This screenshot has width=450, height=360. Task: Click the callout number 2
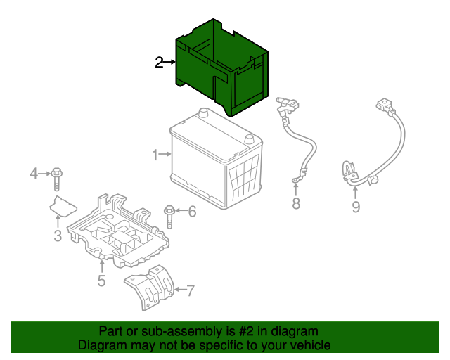coord(160,63)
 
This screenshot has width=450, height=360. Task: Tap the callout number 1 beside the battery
coord(155,154)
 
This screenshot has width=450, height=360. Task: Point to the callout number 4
coord(32,173)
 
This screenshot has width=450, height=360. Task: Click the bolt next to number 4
coord(57,178)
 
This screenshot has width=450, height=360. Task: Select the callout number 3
coord(58,236)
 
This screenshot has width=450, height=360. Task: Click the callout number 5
coord(101,281)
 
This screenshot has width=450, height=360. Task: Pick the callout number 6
coord(192,211)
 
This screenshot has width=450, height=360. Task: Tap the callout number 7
coord(191,289)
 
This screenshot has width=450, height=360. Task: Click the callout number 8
coord(296,204)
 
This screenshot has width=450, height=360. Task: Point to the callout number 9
coord(356,206)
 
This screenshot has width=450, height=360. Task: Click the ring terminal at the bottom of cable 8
coord(295,184)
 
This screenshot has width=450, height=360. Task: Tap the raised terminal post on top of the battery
coord(202,112)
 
